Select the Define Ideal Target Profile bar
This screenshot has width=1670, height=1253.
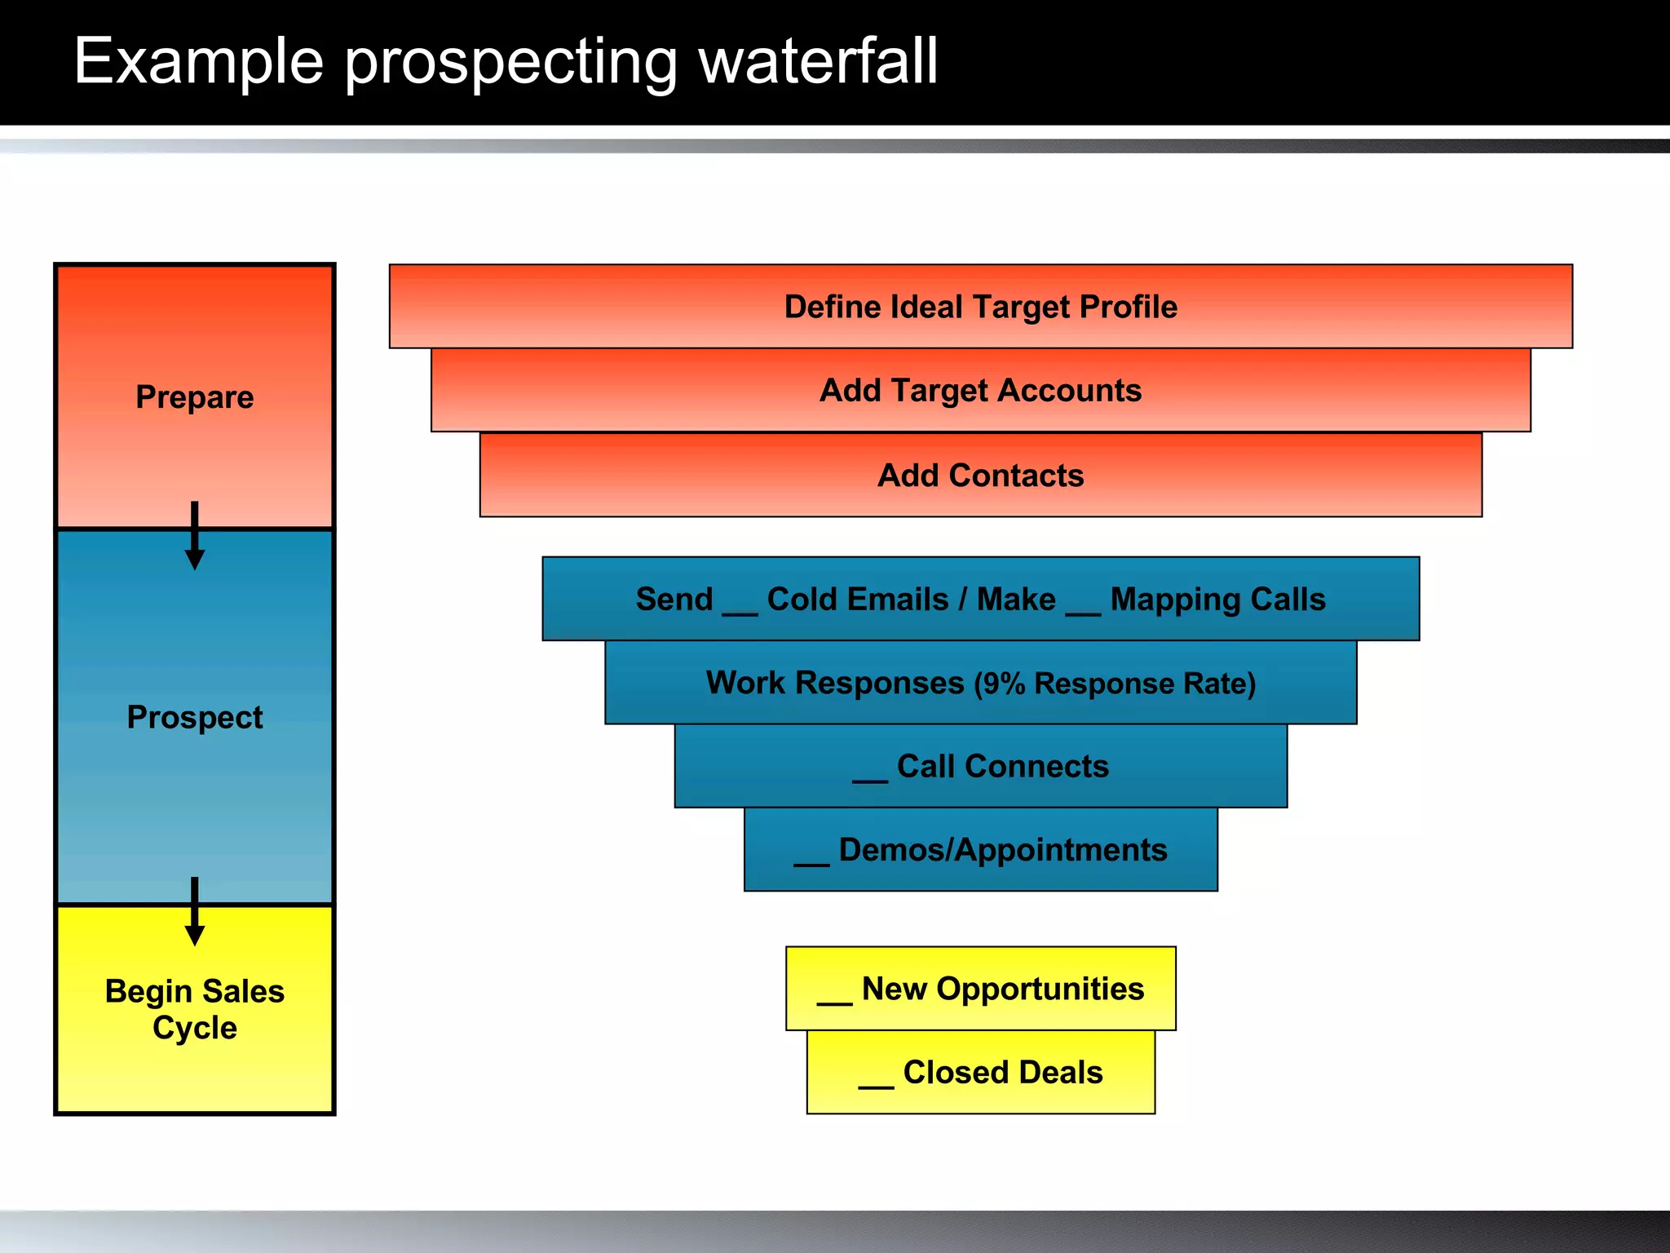980,307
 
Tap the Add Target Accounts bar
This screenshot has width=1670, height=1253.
980,391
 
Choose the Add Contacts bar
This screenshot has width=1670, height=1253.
980,476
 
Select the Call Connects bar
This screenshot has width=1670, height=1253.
980,767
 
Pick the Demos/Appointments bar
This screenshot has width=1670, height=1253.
980,850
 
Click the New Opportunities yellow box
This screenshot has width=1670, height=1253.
980,989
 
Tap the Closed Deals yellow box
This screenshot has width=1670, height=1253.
980,1073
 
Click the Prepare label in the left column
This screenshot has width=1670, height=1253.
195,397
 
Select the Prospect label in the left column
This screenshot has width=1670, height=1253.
195,717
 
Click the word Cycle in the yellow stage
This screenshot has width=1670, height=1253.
195,1028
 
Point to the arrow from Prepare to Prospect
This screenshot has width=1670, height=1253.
195,536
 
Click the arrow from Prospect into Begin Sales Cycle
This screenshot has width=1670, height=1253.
195,912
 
